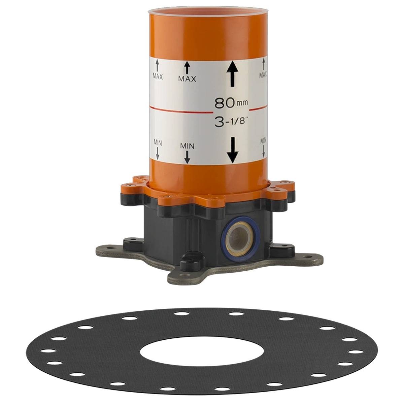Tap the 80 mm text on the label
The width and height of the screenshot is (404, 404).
coord(231,103)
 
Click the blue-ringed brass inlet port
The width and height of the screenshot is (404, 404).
coord(241,239)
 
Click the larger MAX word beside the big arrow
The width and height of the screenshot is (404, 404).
coord(187,79)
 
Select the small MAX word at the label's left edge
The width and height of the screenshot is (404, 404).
coord(158,77)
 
